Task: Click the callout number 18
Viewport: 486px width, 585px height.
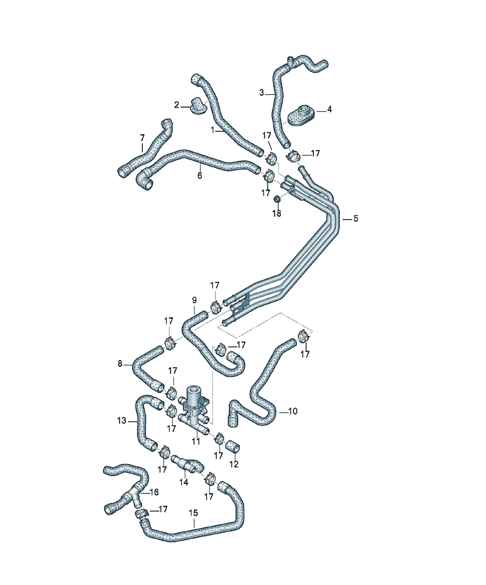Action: pyautogui.click(x=277, y=214)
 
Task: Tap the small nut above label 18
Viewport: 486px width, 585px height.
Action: pyautogui.click(x=277, y=199)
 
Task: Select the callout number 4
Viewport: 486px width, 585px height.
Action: pyautogui.click(x=329, y=109)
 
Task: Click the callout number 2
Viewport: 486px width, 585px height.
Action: pyautogui.click(x=176, y=105)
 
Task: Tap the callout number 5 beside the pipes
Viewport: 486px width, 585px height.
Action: pyautogui.click(x=356, y=218)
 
